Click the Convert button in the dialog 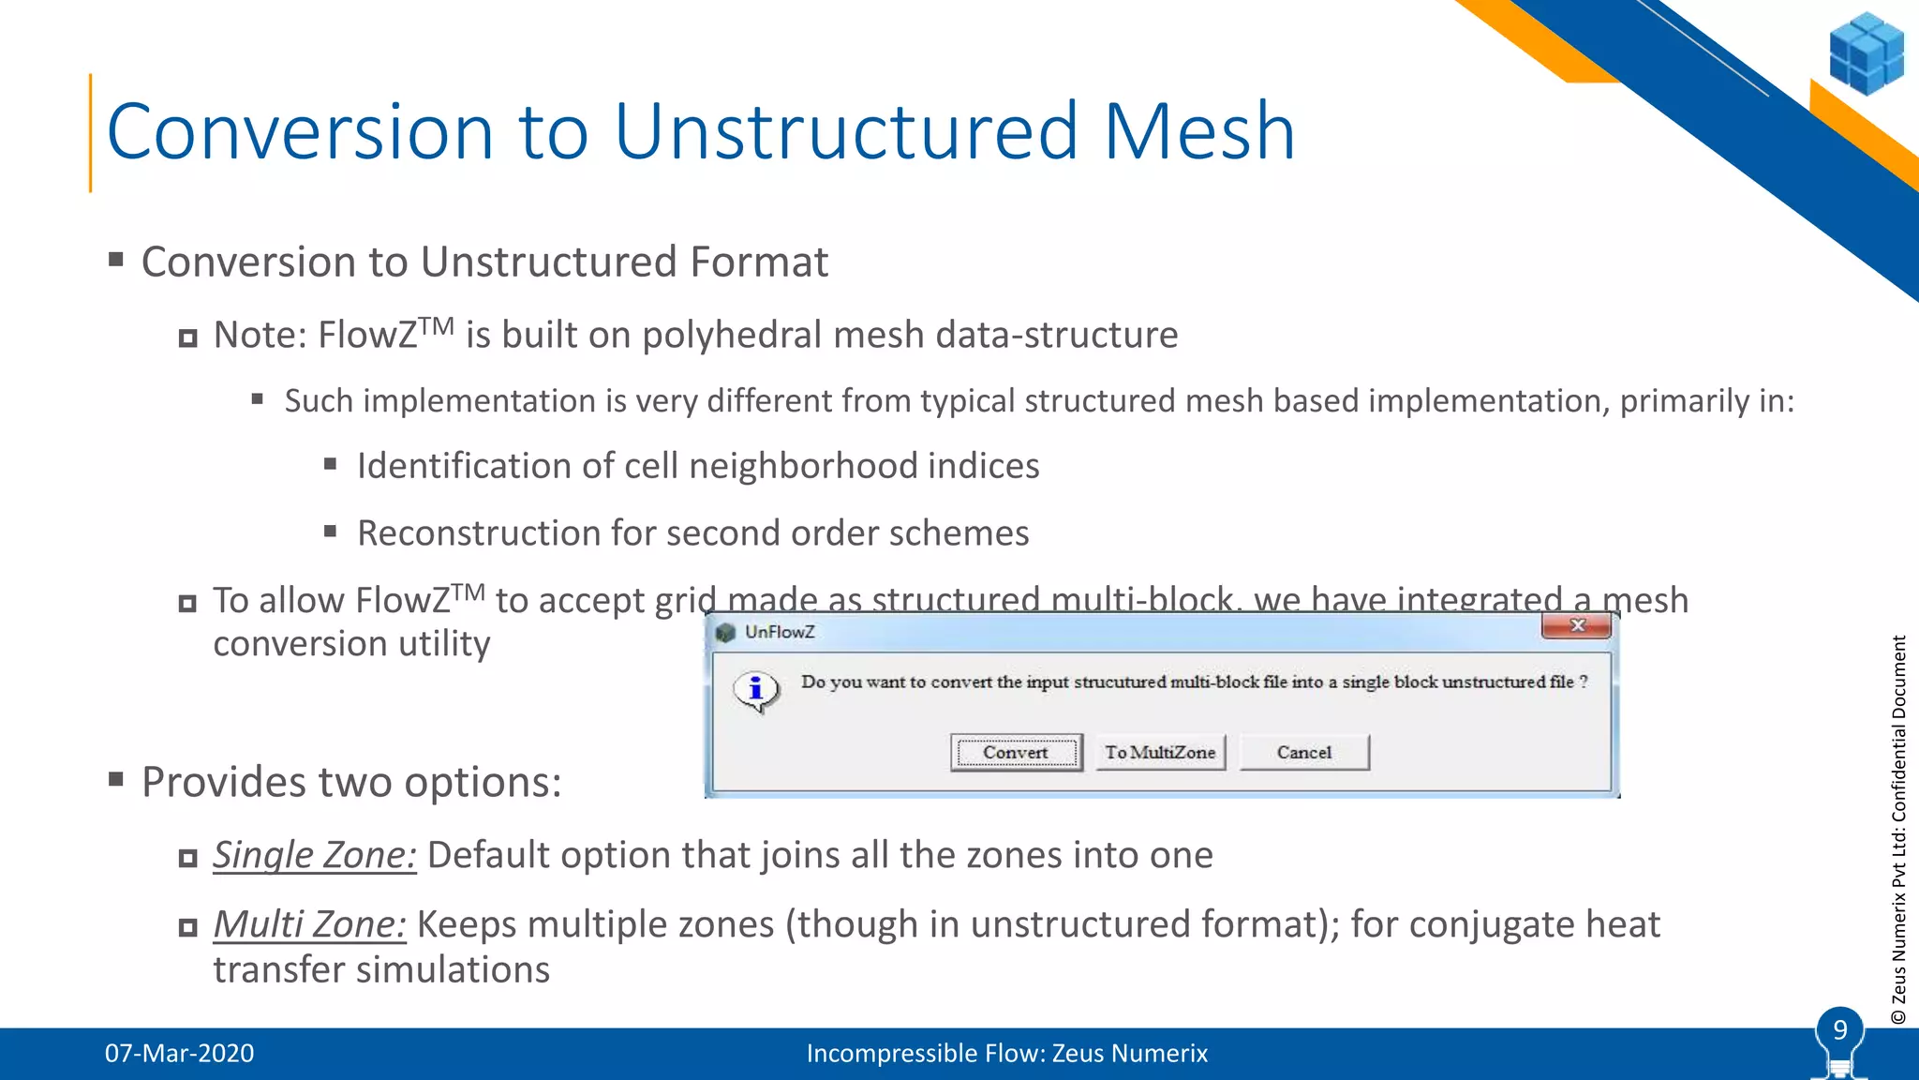coord(1016,752)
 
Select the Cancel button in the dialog coord(1303,752)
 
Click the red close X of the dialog coord(1577,625)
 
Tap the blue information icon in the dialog coord(755,690)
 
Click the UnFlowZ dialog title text coord(780,632)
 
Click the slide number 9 coord(1840,1030)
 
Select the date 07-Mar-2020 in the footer coord(179,1053)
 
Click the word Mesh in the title coord(1199,131)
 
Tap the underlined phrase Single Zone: coord(314,855)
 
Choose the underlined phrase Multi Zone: coord(309,924)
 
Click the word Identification coord(484,466)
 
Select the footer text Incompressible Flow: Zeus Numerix coord(1006,1053)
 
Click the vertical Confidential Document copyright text coord(1898,830)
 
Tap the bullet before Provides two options coord(116,778)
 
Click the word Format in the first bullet coord(759,262)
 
